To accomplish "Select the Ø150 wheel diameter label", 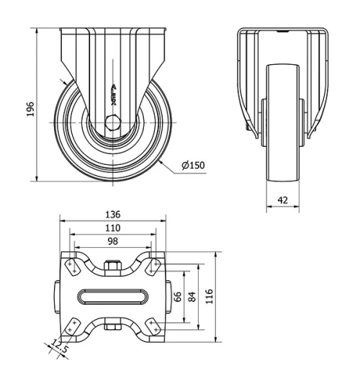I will pos(193,166).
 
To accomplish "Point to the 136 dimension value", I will pos(112,215).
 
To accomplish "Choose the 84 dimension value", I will pos(192,297).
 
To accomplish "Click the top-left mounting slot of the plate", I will pos(72,266).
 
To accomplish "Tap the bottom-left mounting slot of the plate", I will pos(72,328).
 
